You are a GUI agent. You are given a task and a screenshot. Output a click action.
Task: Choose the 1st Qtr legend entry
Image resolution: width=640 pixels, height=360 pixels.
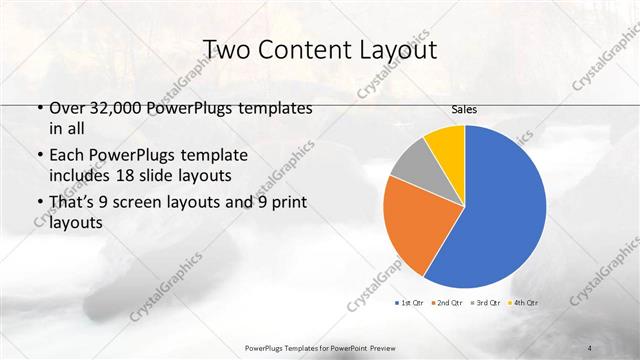pos(409,302)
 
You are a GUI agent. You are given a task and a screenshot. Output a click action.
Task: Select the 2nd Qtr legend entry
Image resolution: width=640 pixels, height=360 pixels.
pos(446,302)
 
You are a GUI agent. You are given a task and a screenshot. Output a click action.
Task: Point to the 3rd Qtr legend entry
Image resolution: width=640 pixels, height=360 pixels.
pos(485,302)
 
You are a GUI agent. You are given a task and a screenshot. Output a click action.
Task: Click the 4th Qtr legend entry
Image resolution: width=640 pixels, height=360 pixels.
pos(523,302)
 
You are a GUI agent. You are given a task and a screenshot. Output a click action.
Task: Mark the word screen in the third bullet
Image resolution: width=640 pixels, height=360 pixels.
pos(137,203)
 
